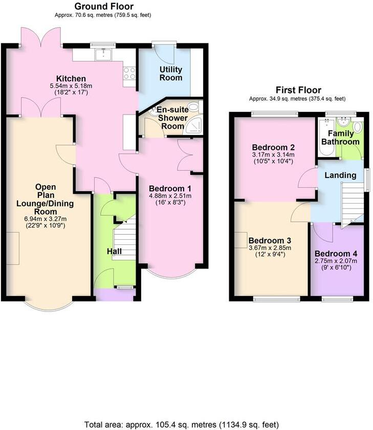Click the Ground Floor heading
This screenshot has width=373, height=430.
click(104, 7)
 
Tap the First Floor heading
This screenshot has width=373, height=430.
click(297, 90)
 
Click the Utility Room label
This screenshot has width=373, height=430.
click(171, 74)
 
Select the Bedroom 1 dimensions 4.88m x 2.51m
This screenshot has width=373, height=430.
click(169, 195)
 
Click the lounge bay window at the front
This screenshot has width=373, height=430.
click(50, 305)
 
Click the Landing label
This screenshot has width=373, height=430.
click(341, 175)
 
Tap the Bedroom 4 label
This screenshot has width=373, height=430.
click(336, 254)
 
